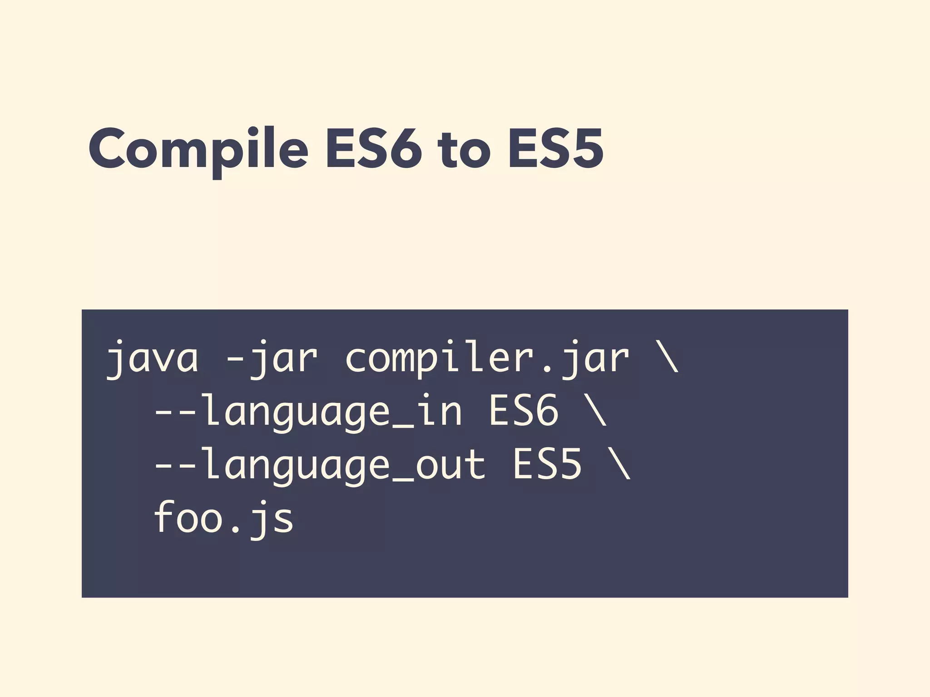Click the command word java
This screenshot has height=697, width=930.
pyautogui.click(x=152, y=358)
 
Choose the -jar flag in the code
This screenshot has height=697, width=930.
pyautogui.click(x=271, y=358)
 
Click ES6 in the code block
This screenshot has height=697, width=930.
pyautogui.click(x=523, y=411)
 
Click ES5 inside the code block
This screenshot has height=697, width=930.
pyautogui.click(x=547, y=464)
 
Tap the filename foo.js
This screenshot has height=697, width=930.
pyautogui.click(x=223, y=518)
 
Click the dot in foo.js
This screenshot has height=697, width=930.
pyautogui.click(x=235, y=529)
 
